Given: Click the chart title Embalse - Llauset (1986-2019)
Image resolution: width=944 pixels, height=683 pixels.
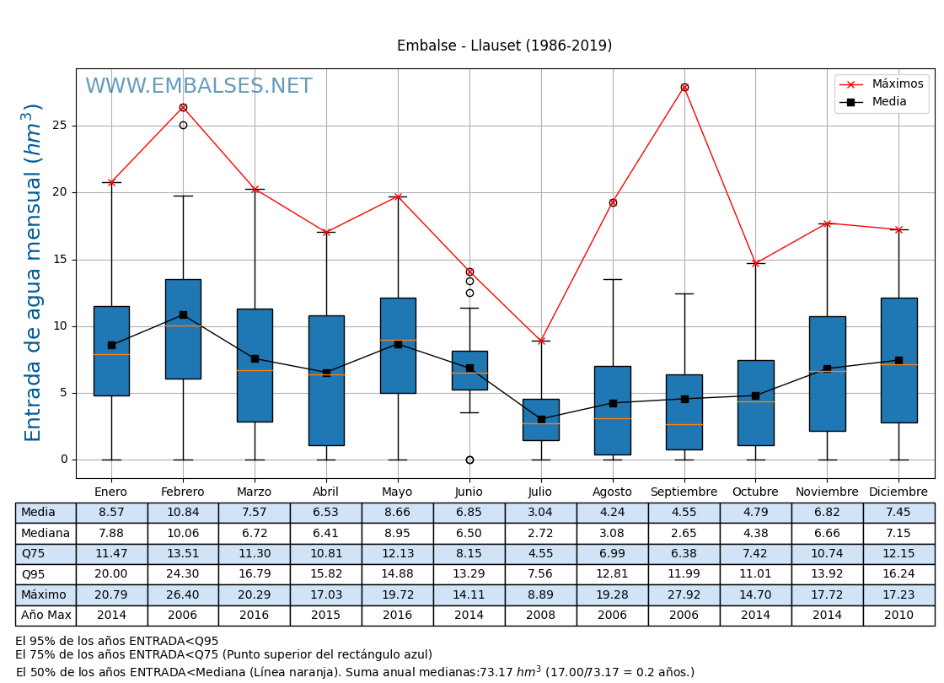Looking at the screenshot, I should pos(504,46).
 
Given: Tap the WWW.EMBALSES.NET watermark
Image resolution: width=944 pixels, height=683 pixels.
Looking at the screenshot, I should pos(199,87).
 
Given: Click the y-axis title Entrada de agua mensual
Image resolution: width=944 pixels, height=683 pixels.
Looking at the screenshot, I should pos(33,272).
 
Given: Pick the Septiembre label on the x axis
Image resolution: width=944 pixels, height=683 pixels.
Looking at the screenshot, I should pos(684,492).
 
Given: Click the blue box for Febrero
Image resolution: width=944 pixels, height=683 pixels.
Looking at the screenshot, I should pos(183,329).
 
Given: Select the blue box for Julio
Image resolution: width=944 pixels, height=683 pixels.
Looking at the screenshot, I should pos(541,419).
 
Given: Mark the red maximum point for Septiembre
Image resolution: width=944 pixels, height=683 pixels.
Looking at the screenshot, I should pos(684,87).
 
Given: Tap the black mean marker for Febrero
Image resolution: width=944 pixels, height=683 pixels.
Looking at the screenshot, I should pos(183,315).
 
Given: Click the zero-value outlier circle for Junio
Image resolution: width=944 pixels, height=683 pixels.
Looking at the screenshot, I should pos(469,460).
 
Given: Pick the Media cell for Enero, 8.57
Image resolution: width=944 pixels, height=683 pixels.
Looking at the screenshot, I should pos(111,513).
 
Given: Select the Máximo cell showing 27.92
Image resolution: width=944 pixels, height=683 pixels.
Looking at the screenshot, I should pos(684,594).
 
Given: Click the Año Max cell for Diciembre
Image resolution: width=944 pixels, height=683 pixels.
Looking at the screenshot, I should pos(898,616).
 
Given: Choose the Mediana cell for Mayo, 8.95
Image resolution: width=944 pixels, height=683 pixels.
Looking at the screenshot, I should pos(397,533).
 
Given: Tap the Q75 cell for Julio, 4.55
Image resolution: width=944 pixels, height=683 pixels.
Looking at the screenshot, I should pos(540,554).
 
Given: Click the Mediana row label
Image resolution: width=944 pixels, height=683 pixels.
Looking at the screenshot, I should pos(46,533).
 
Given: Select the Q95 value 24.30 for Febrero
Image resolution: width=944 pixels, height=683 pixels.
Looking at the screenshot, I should pos(183,574).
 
